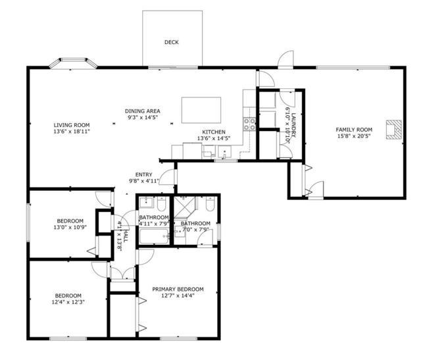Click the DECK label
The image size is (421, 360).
coord(171,42)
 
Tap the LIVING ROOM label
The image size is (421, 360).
coord(72,125)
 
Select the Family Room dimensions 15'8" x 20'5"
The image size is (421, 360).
coord(354,136)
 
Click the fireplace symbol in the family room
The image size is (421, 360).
coord(394,130)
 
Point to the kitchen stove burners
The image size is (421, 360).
coord(249,124)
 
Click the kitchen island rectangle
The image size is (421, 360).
coord(201,110)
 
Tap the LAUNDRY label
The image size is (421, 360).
coord(293,125)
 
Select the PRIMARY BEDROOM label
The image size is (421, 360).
coord(178,289)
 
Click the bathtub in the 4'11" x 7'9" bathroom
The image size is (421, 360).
coord(154,236)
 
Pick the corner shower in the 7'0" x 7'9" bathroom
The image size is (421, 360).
coord(185,207)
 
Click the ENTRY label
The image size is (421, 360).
coord(143,174)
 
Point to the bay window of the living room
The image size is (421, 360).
coord(73,63)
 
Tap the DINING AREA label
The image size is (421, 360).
coord(143,111)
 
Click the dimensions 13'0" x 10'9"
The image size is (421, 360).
coord(70,227)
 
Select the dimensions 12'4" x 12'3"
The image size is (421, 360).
coord(68,302)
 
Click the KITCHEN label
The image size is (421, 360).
coord(214,132)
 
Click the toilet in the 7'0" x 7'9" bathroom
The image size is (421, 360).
coord(210,204)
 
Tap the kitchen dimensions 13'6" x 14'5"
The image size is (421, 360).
coord(214,138)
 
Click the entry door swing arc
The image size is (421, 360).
coord(164,174)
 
